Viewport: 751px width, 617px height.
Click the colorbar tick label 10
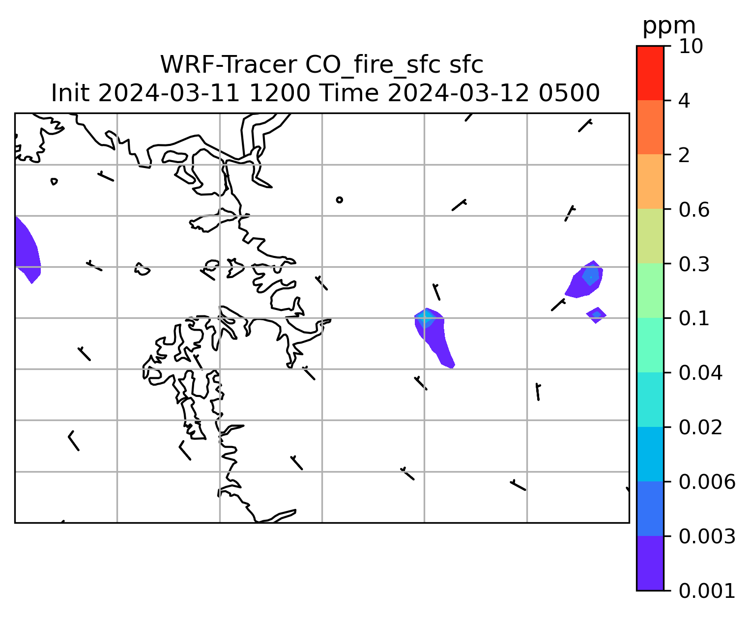pos(691,46)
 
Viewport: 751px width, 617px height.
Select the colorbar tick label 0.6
pos(694,210)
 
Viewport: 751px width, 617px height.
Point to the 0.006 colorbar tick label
pos(707,482)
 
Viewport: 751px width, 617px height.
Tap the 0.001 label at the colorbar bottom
pos(707,591)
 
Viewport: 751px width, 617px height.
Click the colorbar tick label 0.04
pos(700,373)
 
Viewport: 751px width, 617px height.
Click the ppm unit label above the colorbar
pos(669,27)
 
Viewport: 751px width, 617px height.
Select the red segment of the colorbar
pos(650,73)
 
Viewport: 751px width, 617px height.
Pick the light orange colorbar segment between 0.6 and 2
pos(650,181)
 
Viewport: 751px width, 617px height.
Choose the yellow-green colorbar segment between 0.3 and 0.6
pos(650,236)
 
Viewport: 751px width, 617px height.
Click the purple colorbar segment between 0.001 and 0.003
pos(650,563)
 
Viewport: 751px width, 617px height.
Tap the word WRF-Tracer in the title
pos(228,65)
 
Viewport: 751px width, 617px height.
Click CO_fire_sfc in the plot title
pos(372,65)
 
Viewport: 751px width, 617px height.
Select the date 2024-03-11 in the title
pos(169,93)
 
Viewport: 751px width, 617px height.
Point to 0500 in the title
pos(569,93)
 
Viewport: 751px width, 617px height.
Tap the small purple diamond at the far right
pos(596,315)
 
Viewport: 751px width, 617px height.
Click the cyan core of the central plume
pos(425,318)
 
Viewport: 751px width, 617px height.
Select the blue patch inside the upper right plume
pos(591,276)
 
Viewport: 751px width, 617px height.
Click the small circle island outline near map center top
pos(339,200)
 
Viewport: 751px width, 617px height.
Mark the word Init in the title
pos(70,93)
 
